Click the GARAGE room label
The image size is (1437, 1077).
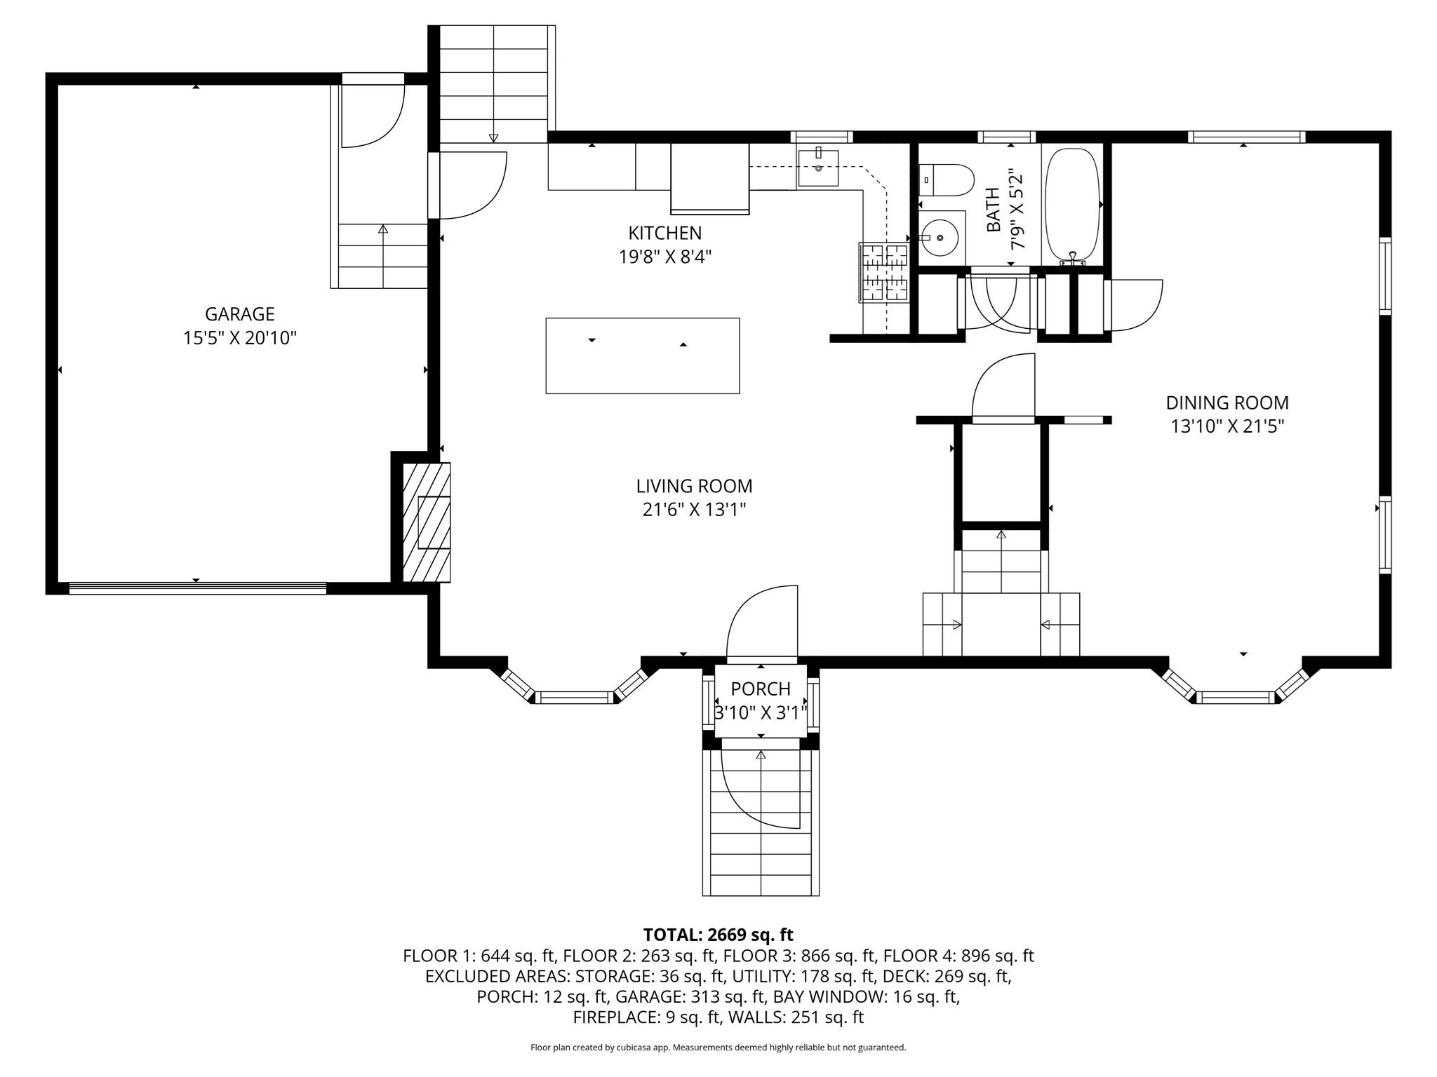(x=239, y=313)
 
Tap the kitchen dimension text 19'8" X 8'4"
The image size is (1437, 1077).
(x=664, y=257)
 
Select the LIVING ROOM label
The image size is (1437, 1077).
(x=694, y=486)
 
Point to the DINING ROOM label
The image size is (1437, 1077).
(x=1227, y=403)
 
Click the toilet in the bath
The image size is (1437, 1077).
(x=945, y=181)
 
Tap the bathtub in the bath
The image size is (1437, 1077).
(x=1071, y=203)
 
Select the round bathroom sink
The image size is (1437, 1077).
(x=940, y=238)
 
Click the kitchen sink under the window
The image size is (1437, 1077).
(x=818, y=168)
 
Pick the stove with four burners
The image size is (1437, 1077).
(x=883, y=272)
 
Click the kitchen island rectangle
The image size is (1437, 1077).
(x=642, y=355)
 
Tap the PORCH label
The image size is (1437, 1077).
(x=761, y=689)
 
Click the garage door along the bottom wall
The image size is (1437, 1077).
(x=197, y=588)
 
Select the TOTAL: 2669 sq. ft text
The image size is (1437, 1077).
(x=718, y=935)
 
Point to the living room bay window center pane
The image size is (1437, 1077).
(x=575, y=697)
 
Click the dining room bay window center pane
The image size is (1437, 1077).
(x=1234, y=697)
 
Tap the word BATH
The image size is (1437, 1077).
(x=993, y=210)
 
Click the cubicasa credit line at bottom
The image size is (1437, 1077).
(x=718, y=1048)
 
